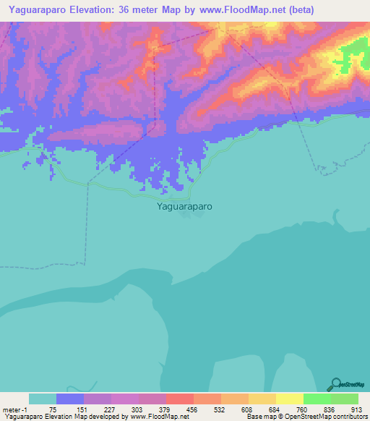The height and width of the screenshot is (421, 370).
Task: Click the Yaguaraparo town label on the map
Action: click(184, 205)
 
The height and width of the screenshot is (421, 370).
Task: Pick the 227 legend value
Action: click(111, 409)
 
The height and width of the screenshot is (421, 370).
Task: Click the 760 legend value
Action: click(303, 409)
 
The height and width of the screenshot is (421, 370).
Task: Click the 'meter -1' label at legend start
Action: click(16, 409)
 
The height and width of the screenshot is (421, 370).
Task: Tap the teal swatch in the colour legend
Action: click(43, 399)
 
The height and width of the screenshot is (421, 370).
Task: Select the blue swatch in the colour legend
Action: click(70, 399)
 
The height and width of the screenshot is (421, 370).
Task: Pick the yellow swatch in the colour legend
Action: click(290, 399)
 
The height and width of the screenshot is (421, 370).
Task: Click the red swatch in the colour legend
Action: click(180, 399)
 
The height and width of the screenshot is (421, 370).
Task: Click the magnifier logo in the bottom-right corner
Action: click(336, 385)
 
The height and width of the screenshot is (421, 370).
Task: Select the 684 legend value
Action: click(275, 409)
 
